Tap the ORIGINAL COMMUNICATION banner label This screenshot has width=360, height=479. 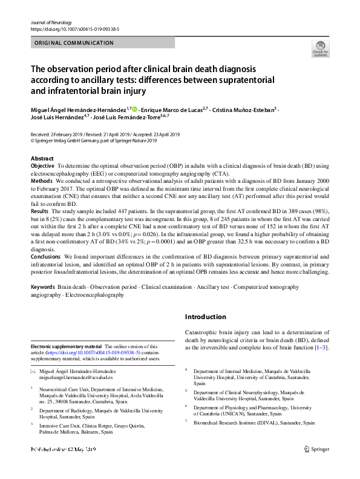pyautogui.click(x=74, y=43)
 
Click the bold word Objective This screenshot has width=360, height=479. pyautogui.click(x=42, y=165)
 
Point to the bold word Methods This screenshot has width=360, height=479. pyautogui.click(x=41, y=180)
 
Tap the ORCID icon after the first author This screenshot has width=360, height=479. pyautogui.click(x=134, y=109)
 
